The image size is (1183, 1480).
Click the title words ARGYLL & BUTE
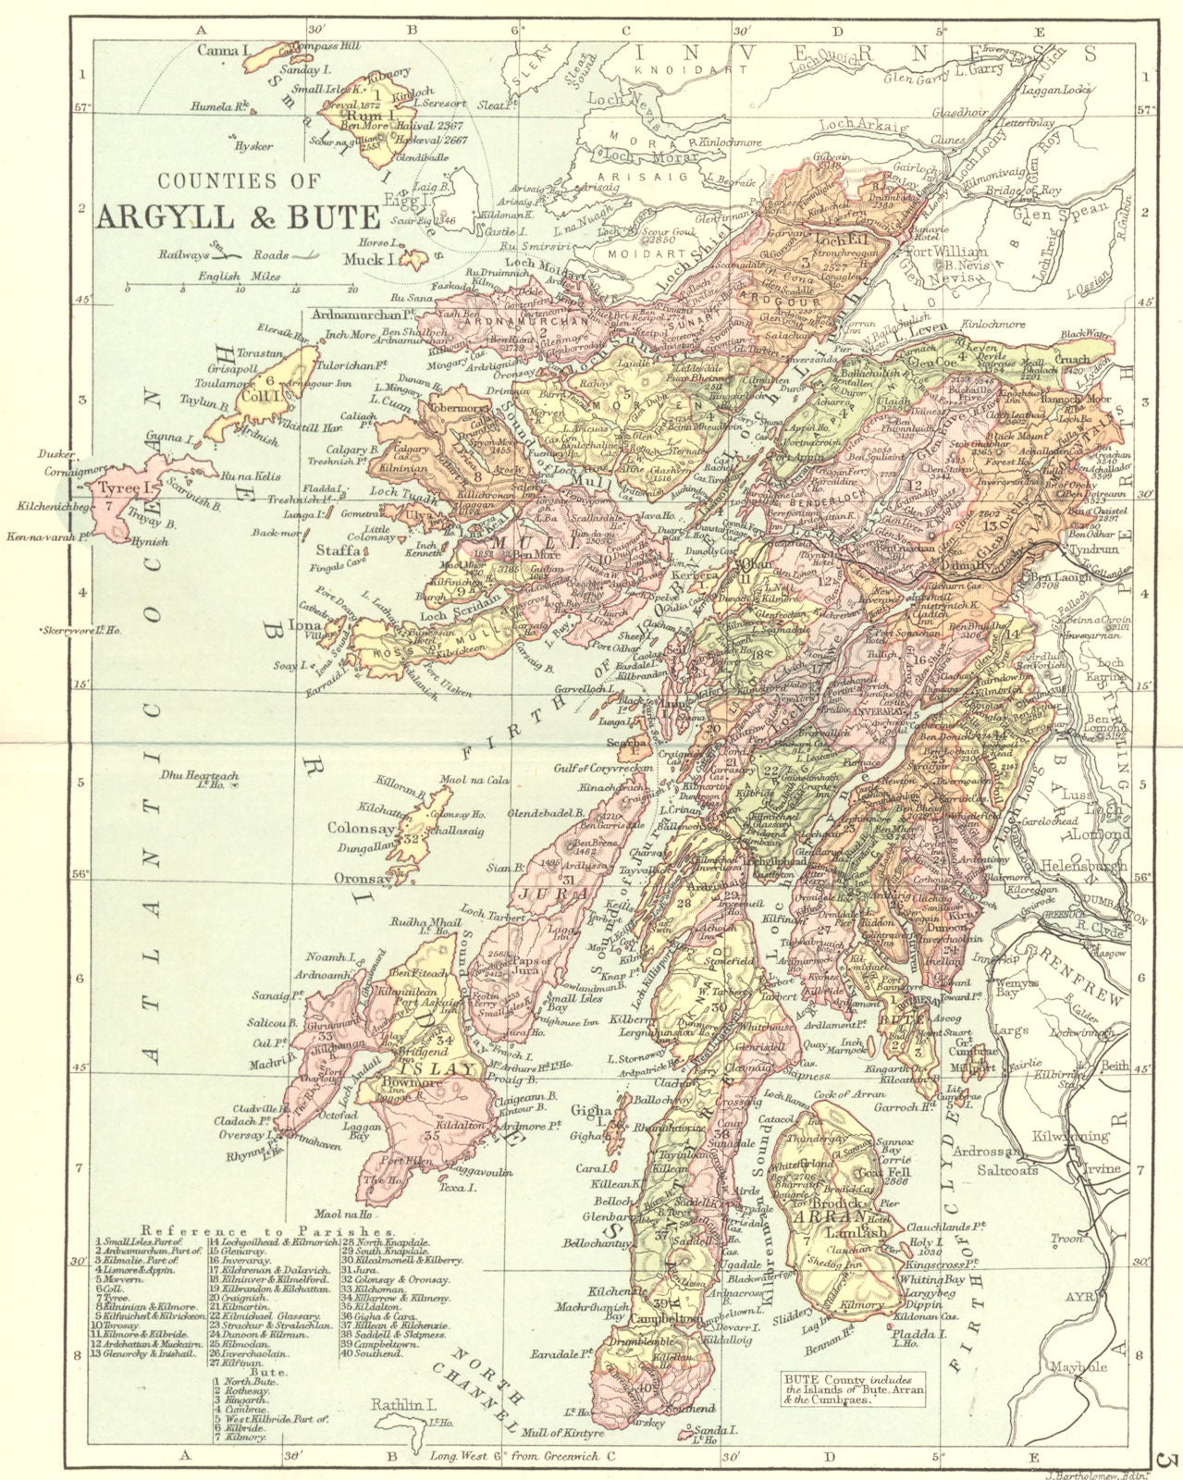pos(237,216)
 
